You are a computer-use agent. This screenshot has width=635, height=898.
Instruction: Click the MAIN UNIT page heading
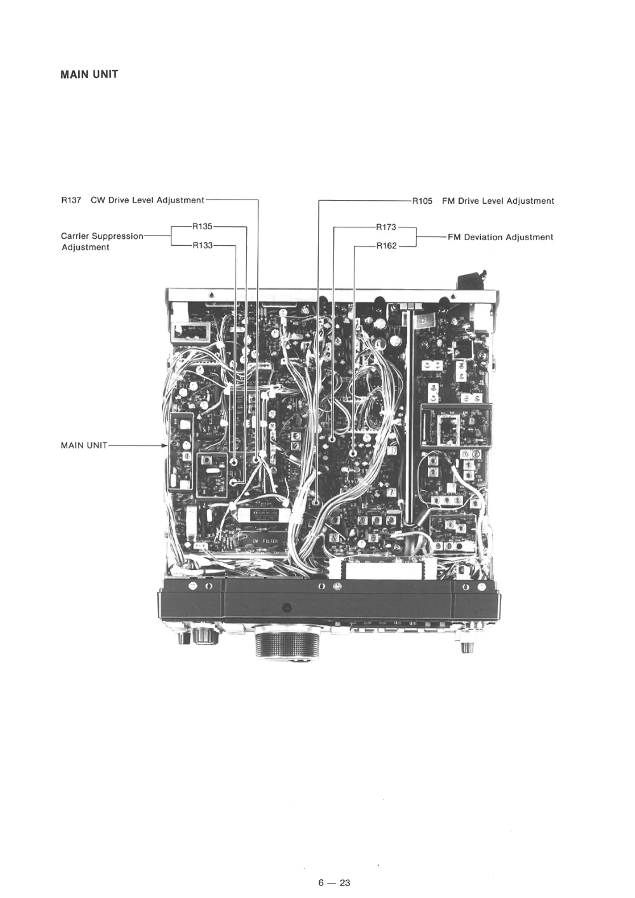tap(89, 74)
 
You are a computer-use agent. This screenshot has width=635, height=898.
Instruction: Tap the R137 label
tap(71, 200)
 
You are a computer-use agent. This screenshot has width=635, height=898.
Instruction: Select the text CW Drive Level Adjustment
tap(147, 200)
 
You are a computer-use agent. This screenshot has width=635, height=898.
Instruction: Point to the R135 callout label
tap(202, 226)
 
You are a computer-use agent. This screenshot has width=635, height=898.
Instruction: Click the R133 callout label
tap(202, 245)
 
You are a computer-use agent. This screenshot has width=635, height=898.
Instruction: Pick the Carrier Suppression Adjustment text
tap(102, 242)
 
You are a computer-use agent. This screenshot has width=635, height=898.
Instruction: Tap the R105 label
tap(422, 201)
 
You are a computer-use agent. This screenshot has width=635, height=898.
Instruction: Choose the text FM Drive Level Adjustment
tap(498, 201)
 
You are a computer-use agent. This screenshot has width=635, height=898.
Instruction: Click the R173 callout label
tap(386, 227)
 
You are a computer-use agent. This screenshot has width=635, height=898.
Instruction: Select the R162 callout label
tap(386, 246)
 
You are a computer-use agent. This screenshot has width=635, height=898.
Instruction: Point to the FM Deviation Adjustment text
tap(500, 237)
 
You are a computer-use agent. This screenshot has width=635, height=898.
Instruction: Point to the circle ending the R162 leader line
tap(353, 453)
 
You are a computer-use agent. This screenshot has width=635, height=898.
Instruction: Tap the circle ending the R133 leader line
tap(235, 462)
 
